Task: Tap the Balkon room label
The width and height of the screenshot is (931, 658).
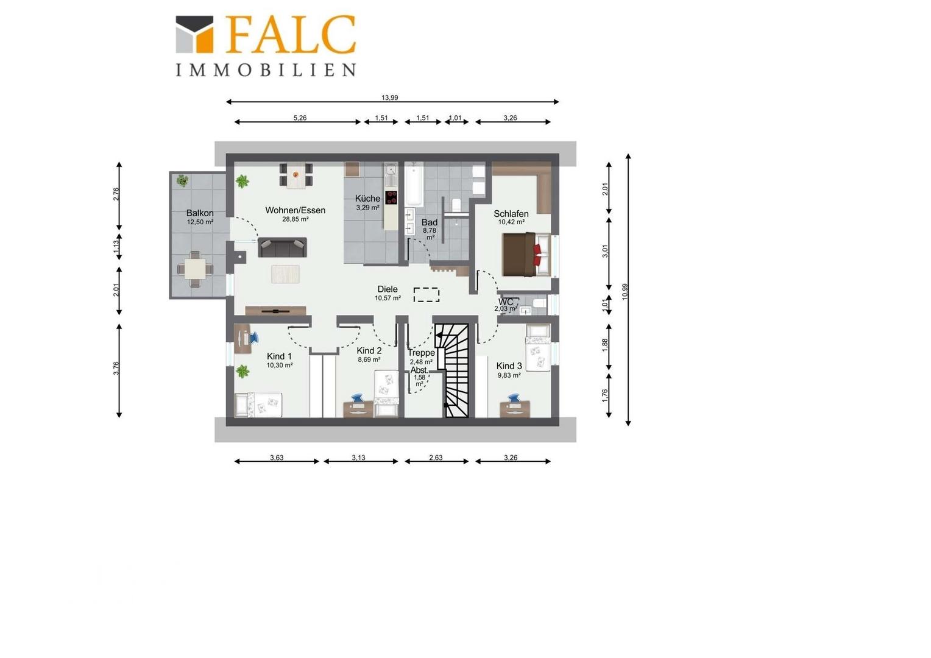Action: (x=200, y=213)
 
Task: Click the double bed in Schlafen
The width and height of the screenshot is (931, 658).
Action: (x=526, y=255)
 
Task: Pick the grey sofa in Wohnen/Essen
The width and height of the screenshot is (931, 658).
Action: (x=282, y=247)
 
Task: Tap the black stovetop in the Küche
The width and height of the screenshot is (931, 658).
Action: (x=391, y=198)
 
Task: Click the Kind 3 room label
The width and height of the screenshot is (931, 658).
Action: (x=509, y=366)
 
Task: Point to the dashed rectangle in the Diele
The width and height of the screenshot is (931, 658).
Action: (x=427, y=295)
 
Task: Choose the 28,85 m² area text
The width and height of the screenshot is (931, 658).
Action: (x=296, y=219)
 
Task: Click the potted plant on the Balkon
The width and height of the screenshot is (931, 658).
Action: (x=182, y=181)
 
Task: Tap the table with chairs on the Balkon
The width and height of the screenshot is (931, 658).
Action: (x=196, y=269)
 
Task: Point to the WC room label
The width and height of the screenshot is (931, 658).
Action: (x=506, y=302)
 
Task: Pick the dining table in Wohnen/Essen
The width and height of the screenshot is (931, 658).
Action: (x=296, y=175)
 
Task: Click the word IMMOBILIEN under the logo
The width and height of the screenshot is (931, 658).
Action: (x=266, y=70)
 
